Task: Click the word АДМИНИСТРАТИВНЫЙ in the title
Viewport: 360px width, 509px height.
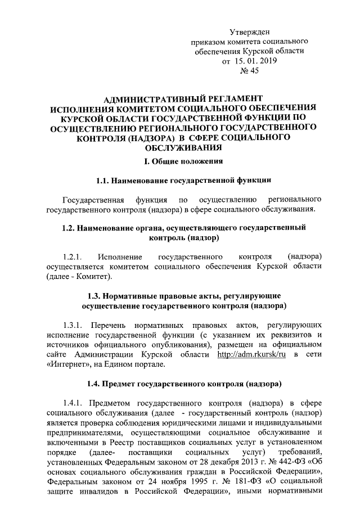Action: point(148,98)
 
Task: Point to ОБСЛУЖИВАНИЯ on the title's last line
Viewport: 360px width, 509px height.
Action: point(182,148)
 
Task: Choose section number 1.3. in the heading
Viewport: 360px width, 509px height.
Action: point(97,296)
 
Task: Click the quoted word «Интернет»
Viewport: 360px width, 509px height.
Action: point(64,364)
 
